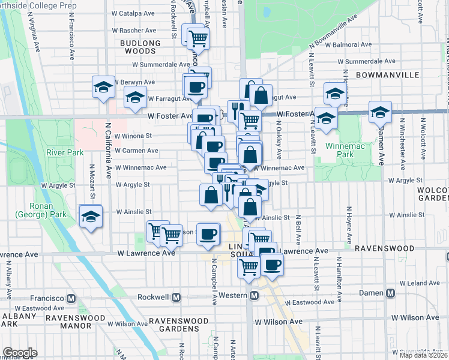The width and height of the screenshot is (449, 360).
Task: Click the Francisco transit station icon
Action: click(x=71, y=298)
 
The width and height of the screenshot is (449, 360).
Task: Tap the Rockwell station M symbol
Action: click(x=176, y=297)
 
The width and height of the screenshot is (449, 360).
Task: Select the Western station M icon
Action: click(x=255, y=296)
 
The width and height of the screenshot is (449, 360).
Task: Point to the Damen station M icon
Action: click(x=391, y=293)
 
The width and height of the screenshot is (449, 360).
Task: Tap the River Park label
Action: click(x=67, y=152)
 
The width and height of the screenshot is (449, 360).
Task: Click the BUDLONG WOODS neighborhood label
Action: click(x=140, y=47)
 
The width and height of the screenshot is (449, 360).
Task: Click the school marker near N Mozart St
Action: click(x=91, y=217)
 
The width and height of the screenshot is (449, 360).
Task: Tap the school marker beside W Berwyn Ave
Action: click(x=103, y=88)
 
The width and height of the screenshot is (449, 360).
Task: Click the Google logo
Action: click(x=20, y=353)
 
